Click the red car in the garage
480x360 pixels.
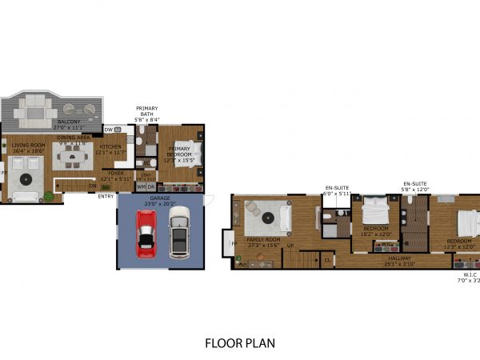pos(146,234)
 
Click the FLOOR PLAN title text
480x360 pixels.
pos(239,343)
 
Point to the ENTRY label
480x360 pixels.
pos(106,195)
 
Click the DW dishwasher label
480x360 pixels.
pos(108,130)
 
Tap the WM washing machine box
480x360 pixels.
pos(142,186)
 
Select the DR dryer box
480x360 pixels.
pos(152,186)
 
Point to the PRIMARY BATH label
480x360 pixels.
pos(146,111)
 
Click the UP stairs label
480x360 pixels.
pos(290,245)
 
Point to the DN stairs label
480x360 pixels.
pos(93,186)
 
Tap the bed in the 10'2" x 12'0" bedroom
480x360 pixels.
pos(374,213)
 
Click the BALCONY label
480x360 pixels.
pos(68,122)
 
